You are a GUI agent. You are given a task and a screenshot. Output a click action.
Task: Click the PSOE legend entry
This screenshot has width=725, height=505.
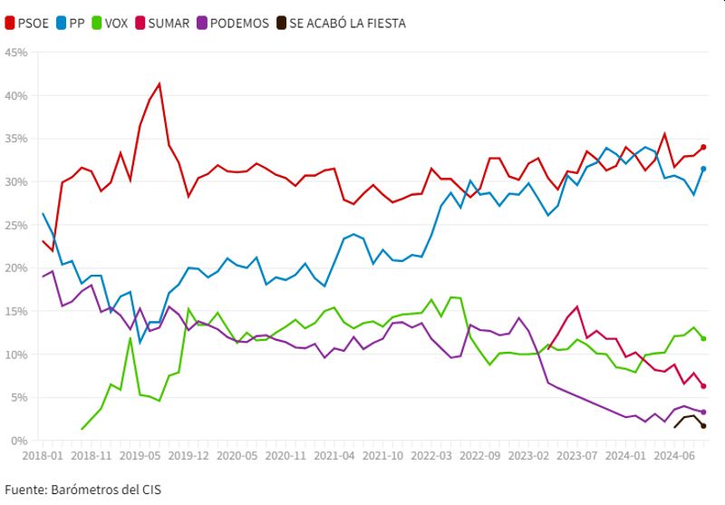(x=28, y=23)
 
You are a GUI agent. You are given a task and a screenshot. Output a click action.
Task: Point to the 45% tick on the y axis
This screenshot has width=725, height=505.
(x=16, y=53)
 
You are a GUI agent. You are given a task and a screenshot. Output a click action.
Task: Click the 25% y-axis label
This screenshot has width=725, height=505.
(x=16, y=225)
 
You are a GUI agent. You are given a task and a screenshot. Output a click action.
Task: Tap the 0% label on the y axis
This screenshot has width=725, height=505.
(x=20, y=441)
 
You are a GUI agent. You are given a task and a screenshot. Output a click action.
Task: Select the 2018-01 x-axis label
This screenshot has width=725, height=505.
(x=43, y=454)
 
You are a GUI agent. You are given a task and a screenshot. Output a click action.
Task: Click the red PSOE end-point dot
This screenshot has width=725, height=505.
(x=703, y=147)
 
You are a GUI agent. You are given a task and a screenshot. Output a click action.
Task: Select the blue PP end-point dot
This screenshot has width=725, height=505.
(x=703, y=169)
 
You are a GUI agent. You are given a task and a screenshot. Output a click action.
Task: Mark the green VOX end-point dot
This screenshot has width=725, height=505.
(x=703, y=338)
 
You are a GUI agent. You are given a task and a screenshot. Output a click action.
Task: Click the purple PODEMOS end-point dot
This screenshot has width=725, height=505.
(x=703, y=412)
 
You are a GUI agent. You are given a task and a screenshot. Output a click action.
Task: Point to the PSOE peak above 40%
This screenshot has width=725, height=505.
(x=159, y=84)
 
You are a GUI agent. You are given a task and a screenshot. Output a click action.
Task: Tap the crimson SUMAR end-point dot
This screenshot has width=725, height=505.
(x=703, y=386)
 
